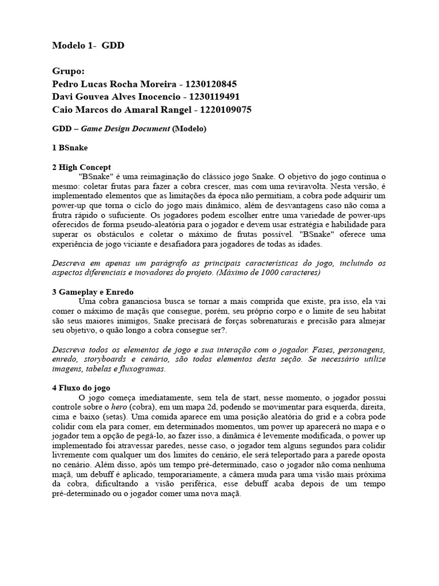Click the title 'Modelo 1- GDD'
click(87, 45)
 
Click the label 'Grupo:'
click(68, 71)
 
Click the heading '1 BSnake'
click(70, 148)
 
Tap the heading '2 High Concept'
click(81, 167)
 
